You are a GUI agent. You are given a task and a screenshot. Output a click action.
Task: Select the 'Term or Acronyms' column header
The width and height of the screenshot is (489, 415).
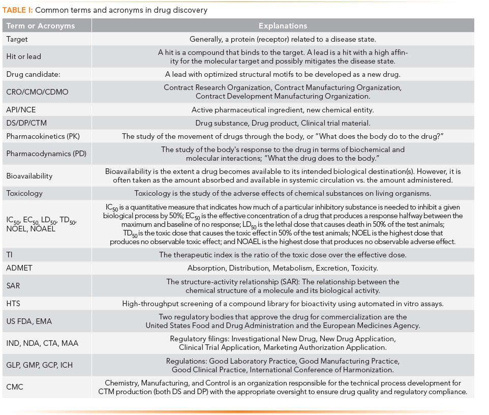tap(41, 26)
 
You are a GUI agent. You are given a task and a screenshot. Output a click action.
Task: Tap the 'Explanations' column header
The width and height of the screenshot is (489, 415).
tap(283, 26)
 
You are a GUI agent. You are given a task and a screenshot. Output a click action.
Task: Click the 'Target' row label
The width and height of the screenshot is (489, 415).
tap(17, 39)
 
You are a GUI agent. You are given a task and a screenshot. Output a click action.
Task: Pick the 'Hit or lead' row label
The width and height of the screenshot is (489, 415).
tap(24, 56)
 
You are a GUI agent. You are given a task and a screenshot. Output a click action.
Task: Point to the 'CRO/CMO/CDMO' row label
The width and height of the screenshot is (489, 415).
tap(37, 92)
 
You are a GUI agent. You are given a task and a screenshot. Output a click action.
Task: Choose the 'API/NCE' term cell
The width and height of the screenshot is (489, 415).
tap(22, 109)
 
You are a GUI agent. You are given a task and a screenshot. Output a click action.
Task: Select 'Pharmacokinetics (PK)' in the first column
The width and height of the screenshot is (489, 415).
tap(43, 136)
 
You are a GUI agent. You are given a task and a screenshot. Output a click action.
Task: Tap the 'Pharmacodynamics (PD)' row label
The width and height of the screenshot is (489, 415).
tap(44, 154)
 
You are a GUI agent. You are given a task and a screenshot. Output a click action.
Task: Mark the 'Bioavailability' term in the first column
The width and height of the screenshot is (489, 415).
tap(29, 175)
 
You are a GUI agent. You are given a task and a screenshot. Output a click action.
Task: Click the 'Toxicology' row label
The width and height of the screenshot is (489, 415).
tap(24, 193)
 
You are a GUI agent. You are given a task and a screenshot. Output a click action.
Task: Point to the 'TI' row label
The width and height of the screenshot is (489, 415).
tap(10, 255)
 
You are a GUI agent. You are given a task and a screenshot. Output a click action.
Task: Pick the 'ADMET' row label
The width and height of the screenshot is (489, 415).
tap(20, 268)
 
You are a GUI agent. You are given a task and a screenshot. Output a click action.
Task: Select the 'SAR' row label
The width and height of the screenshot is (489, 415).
tap(14, 286)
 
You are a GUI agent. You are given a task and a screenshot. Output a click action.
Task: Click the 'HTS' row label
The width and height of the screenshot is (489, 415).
tap(13, 304)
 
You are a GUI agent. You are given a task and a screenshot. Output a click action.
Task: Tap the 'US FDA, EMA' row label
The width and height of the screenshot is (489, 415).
tap(29, 321)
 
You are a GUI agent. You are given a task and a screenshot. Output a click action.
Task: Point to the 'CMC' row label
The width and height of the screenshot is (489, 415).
tap(15, 387)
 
